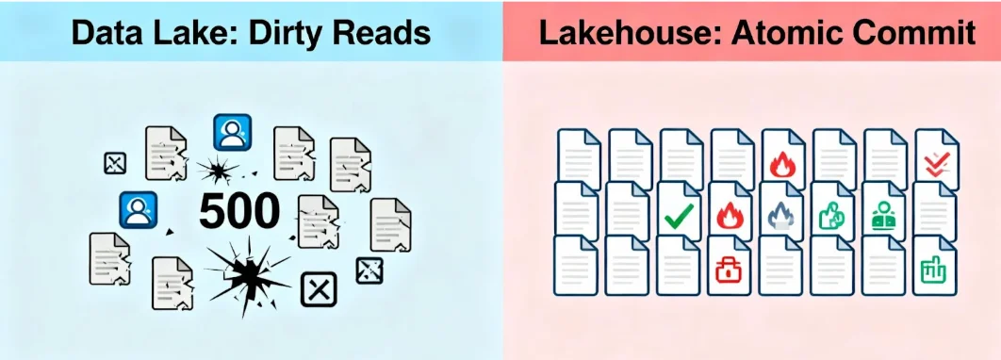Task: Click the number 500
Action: click(239, 212)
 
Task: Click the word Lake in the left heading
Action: click(178, 33)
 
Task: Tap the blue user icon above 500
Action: click(231, 133)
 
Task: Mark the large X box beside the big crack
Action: click(318, 289)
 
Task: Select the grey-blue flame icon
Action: click(782, 218)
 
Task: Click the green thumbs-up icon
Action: click(832, 218)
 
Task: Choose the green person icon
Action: click(884, 216)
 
